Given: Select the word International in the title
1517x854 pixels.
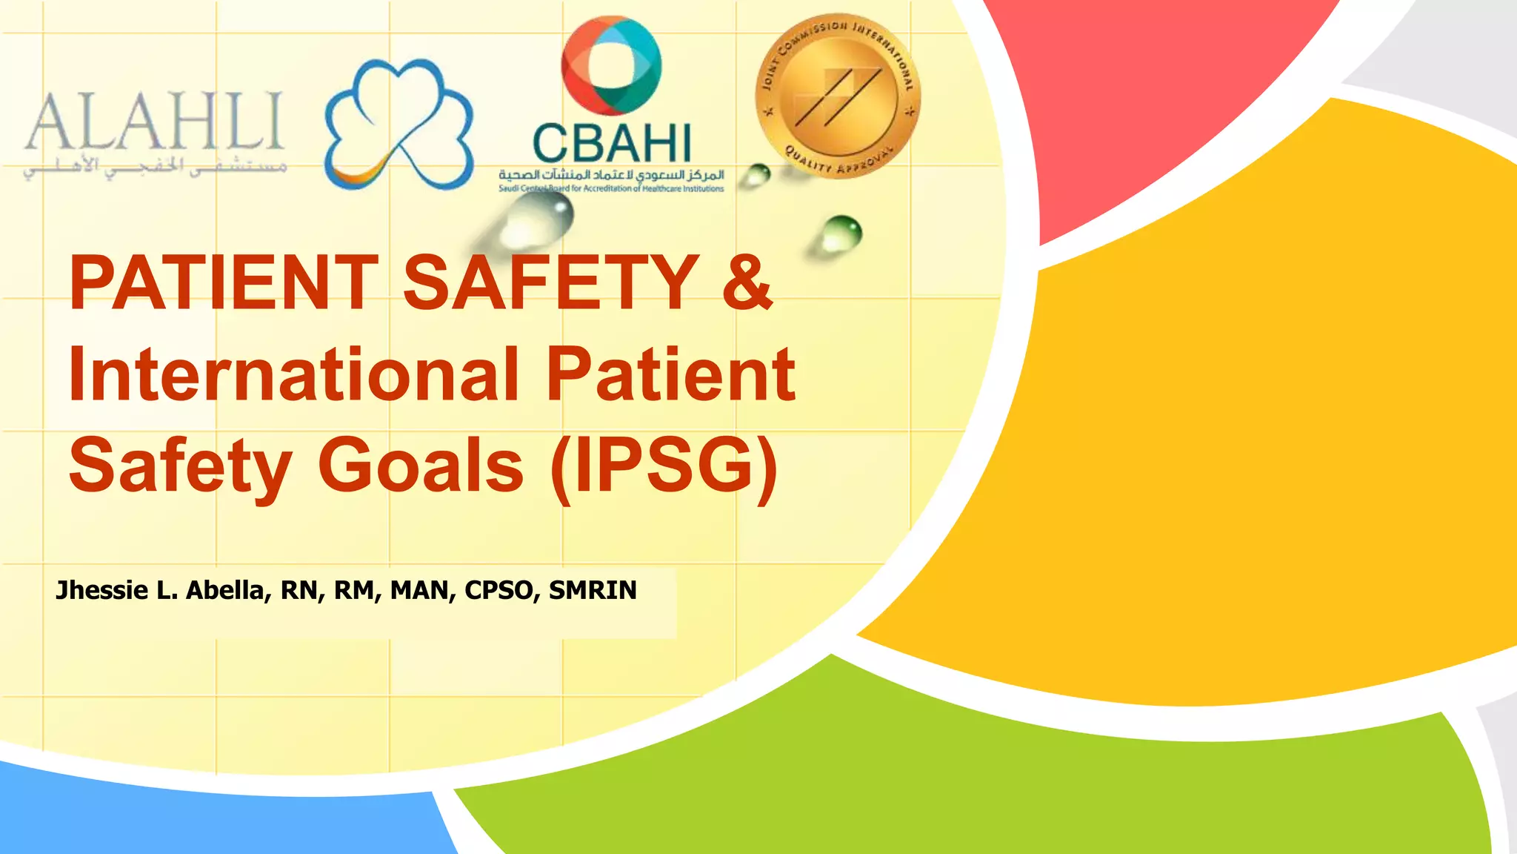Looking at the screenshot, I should coord(293,374).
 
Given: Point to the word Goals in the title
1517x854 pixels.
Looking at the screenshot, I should coord(421,466).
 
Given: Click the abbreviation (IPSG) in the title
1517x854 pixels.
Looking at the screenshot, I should coord(664,466).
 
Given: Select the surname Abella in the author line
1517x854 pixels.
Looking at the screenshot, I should coord(227,590).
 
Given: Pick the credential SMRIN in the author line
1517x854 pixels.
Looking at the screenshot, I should coord(593,590).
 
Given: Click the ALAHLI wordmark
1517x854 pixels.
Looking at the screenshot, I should coord(154,122).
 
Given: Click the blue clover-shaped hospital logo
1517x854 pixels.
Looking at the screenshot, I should coord(399,125).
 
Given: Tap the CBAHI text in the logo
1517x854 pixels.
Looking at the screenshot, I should coord(612,144).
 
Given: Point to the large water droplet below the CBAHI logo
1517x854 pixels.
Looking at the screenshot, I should coord(537,219).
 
